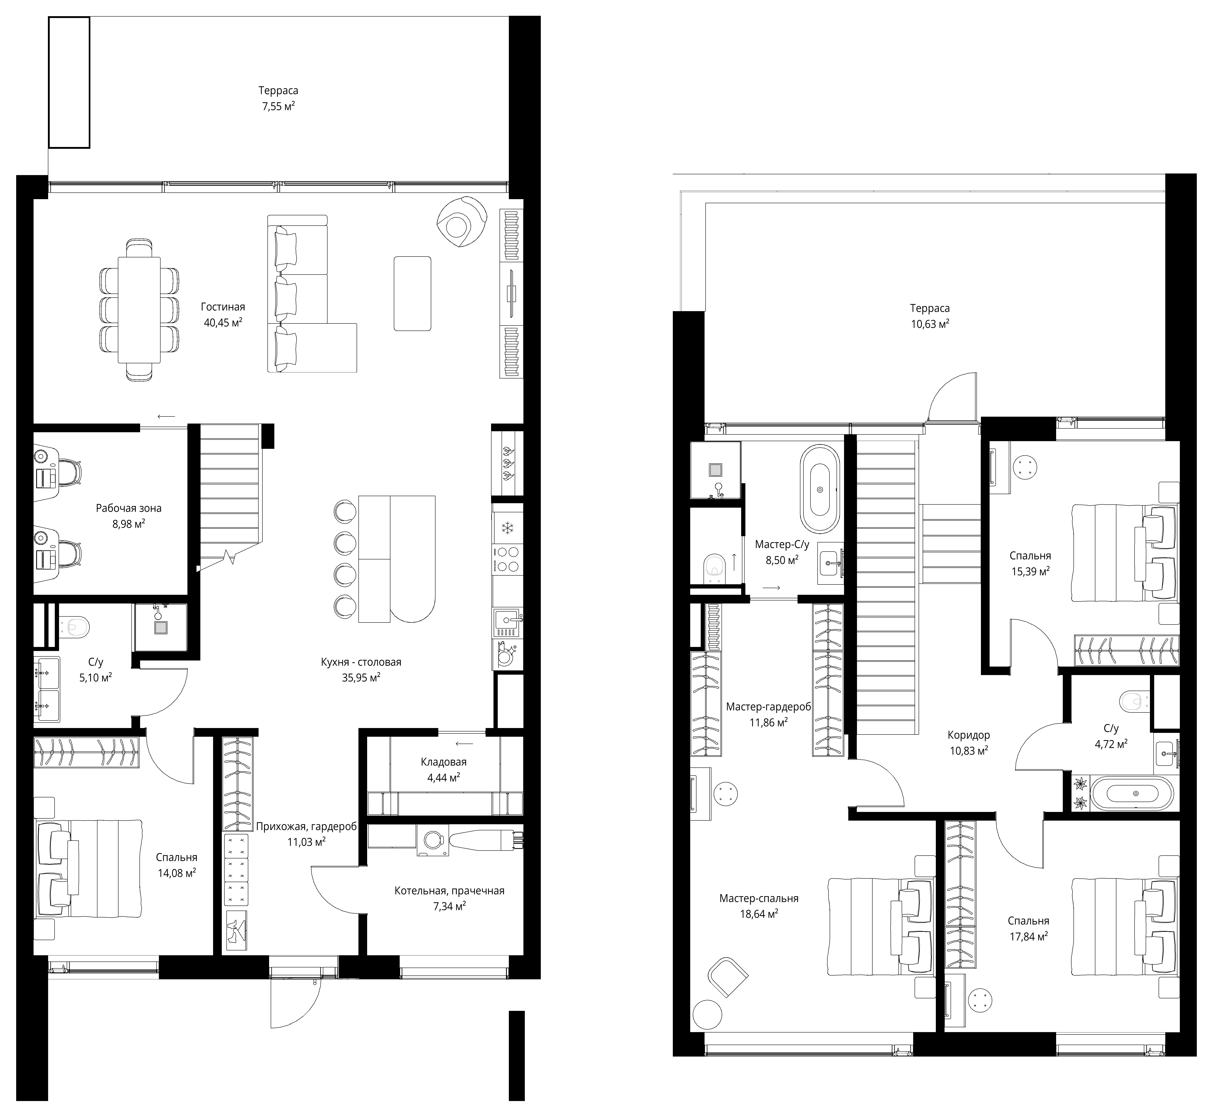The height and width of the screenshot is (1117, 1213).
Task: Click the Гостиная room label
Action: click(223, 307)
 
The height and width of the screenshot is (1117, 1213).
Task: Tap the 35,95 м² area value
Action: click(361, 677)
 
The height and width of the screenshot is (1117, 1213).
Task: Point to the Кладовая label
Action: click(444, 762)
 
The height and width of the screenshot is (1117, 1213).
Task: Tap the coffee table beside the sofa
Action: click(412, 294)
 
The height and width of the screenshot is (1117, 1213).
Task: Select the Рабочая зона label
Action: click(129, 508)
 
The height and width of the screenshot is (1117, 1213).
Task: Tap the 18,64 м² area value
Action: click(759, 914)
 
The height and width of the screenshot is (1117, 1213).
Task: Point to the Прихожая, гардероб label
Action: click(306, 826)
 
